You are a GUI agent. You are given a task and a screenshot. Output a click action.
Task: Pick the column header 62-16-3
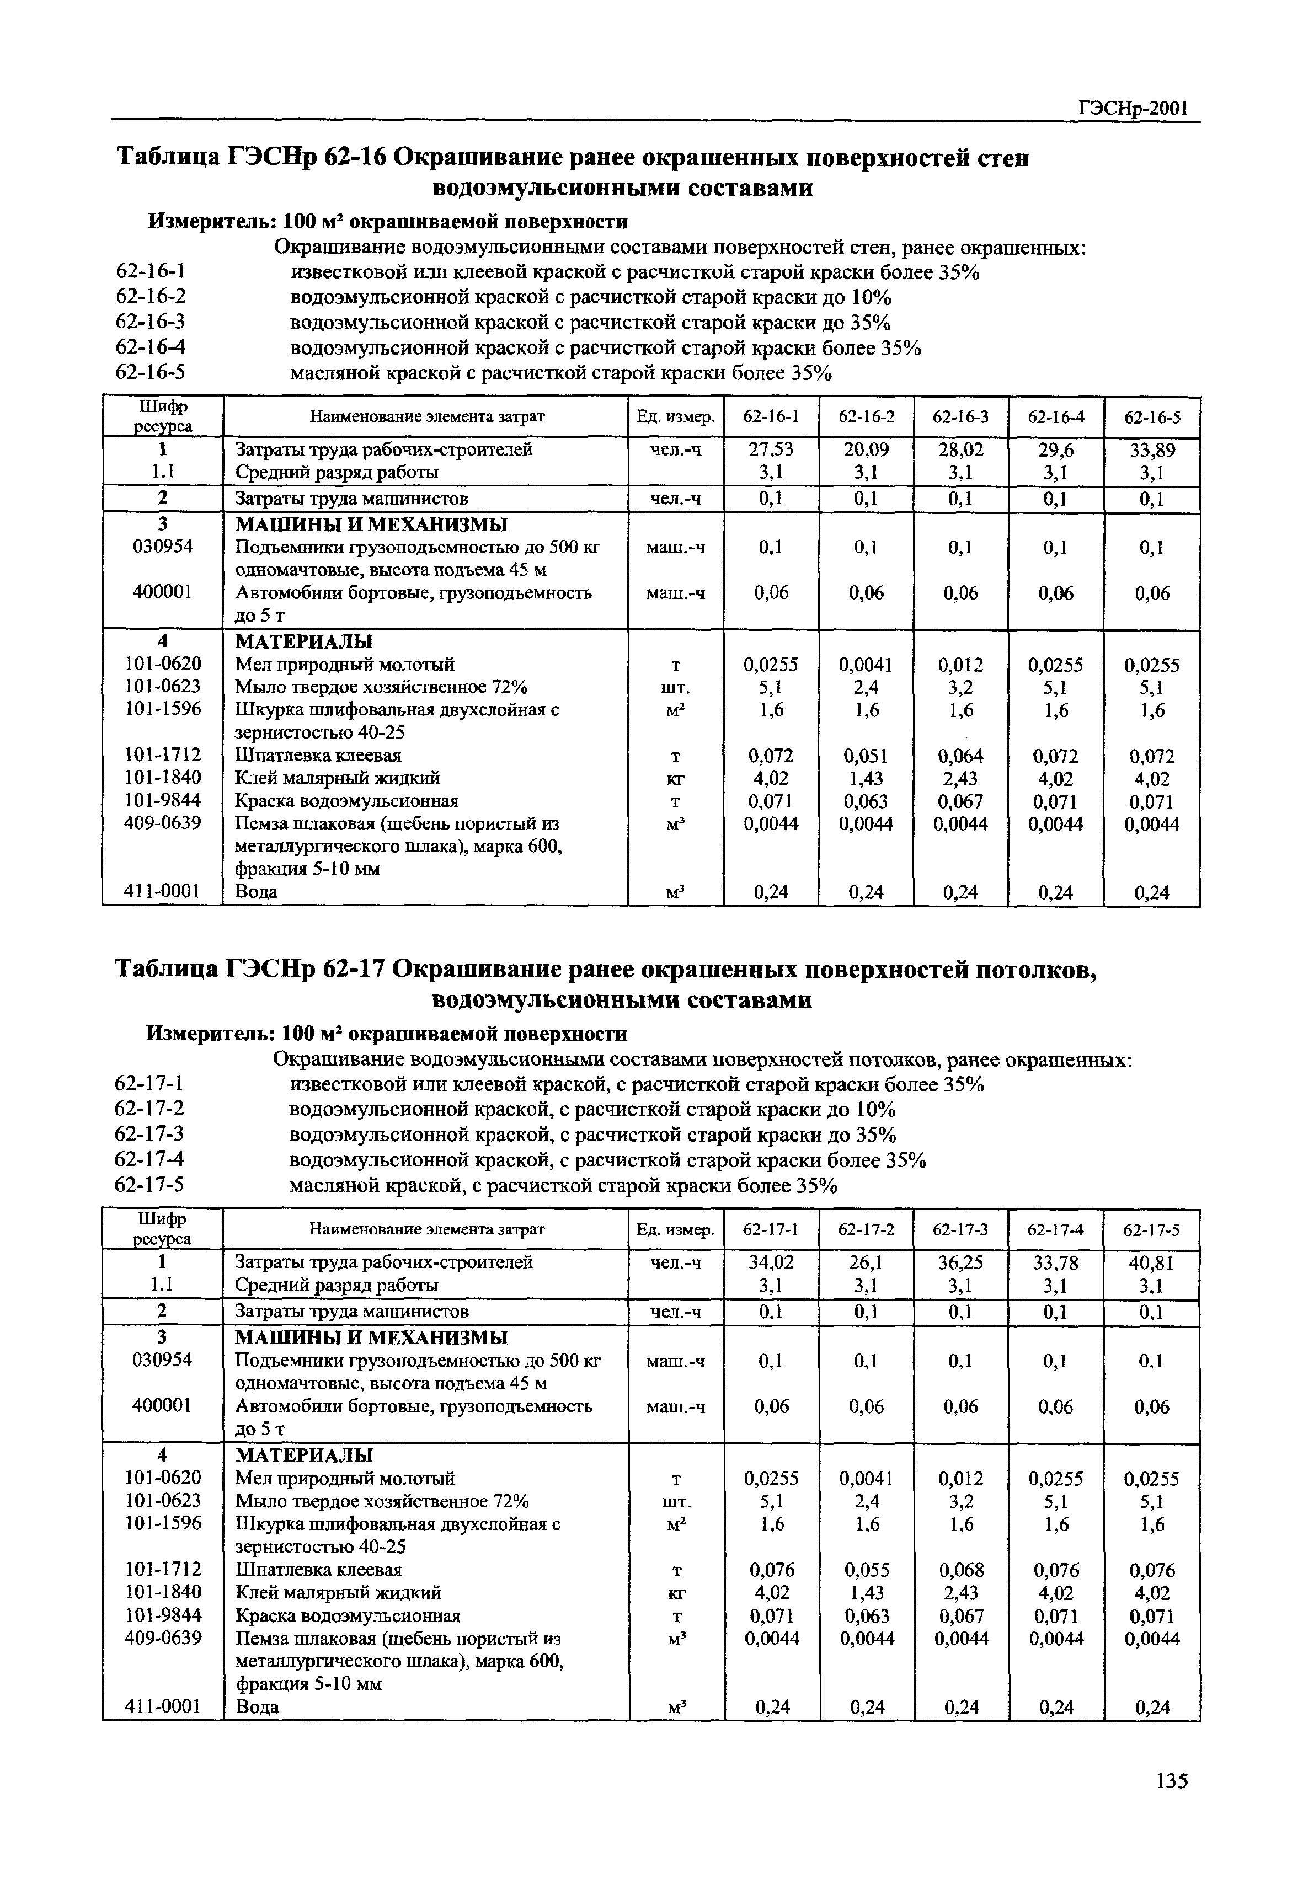(961, 417)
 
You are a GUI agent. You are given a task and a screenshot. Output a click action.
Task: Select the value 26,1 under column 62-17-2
(866, 1263)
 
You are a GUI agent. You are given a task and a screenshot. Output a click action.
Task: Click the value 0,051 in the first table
(866, 756)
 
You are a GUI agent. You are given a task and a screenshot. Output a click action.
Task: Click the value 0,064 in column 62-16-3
(961, 756)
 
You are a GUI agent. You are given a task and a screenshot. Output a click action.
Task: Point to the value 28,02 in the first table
(961, 450)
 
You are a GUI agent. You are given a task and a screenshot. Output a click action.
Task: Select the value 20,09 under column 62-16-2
(866, 450)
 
